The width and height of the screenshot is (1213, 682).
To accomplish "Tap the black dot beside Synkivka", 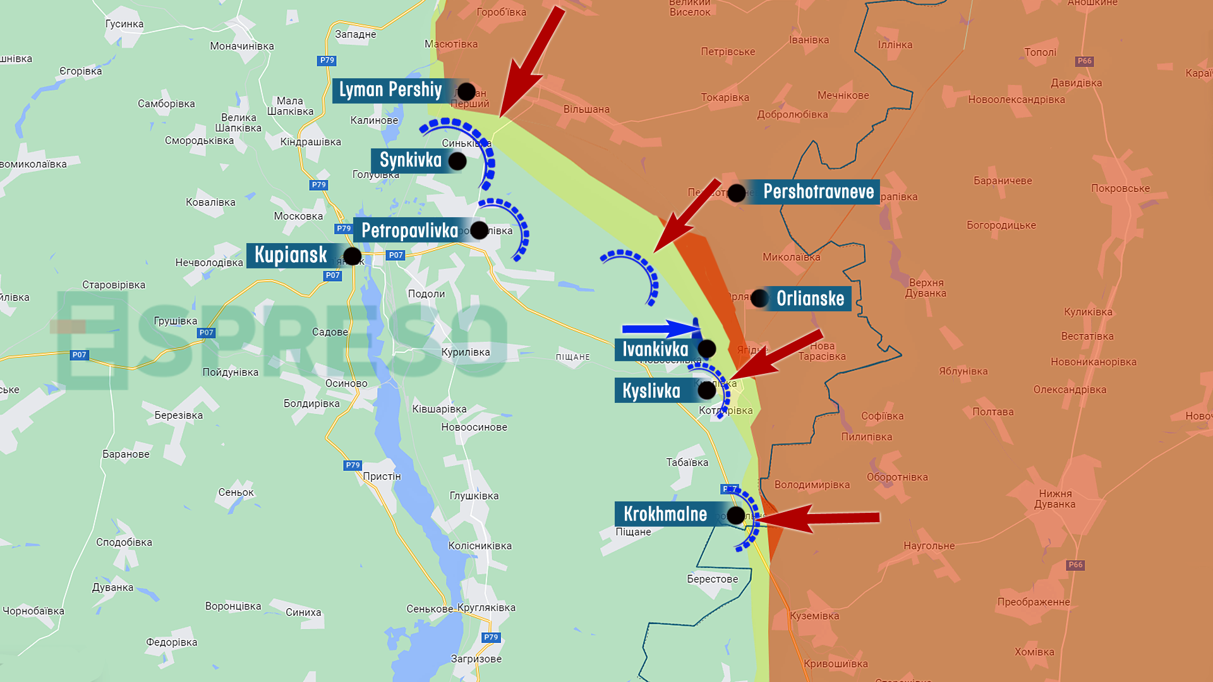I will click(457, 161).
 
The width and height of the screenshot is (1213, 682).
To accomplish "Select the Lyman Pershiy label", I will click(390, 90).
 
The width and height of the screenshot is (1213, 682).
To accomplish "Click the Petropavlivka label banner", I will click(409, 230).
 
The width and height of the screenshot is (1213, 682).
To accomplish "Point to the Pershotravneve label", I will click(818, 191).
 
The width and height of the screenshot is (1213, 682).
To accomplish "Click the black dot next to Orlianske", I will click(759, 298).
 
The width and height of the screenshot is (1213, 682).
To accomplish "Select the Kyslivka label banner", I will click(651, 391).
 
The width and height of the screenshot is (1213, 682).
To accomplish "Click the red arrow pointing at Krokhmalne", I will click(821, 518).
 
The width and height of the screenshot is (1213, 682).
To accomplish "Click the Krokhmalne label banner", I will click(665, 514).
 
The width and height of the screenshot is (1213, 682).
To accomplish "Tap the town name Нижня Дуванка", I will click(1055, 499).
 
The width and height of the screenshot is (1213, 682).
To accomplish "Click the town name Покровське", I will click(1120, 188).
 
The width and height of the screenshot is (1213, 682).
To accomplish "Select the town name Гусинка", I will click(124, 24).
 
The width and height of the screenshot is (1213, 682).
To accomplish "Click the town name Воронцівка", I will click(233, 606).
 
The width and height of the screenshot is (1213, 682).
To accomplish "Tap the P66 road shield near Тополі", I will click(1084, 61).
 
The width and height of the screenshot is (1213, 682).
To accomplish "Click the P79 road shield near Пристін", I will click(353, 465).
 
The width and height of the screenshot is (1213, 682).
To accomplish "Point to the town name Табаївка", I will click(687, 462).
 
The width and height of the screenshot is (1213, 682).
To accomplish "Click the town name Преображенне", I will click(1034, 602).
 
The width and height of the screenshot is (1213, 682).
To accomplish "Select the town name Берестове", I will click(713, 579).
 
